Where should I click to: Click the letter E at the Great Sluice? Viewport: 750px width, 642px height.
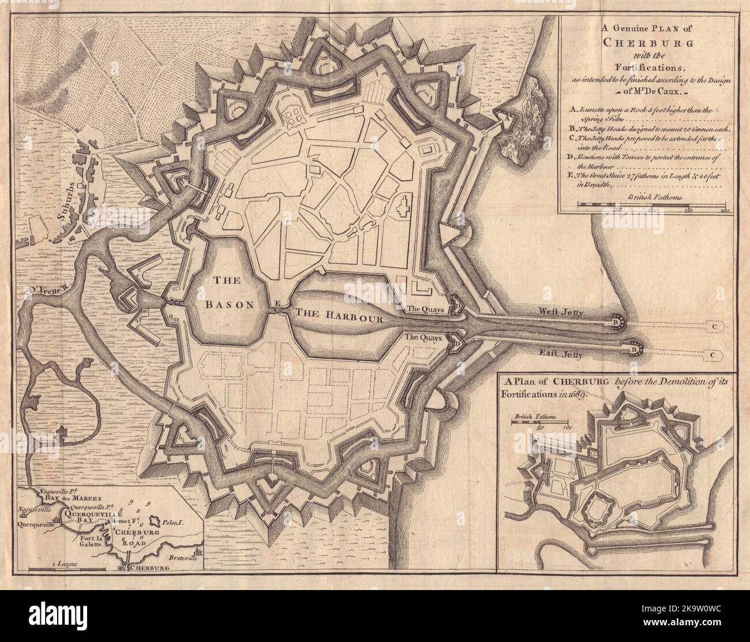278,303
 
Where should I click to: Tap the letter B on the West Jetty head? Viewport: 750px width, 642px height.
617,319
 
